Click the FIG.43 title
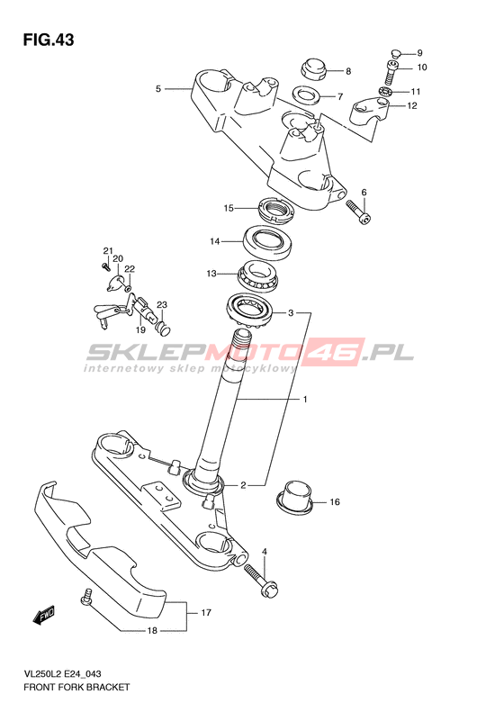pyautogui.click(x=49, y=40)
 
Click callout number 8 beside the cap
pyautogui.click(x=348, y=71)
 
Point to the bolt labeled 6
pyautogui.click(x=358, y=212)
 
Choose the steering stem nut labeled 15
pyautogui.click(x=274, y=210)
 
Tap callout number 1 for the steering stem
pyautogui.click(x=305, y=400)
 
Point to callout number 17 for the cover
pyautogui.click(x=206, y=613)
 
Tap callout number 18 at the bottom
pyautogui.click(x=152, y=631)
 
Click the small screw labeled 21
pyautogui.click(x=106, y=266)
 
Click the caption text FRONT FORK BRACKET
pyautogui.click(x=76, y=687)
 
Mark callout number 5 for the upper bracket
pyautogui.click(x=158, y=89)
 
